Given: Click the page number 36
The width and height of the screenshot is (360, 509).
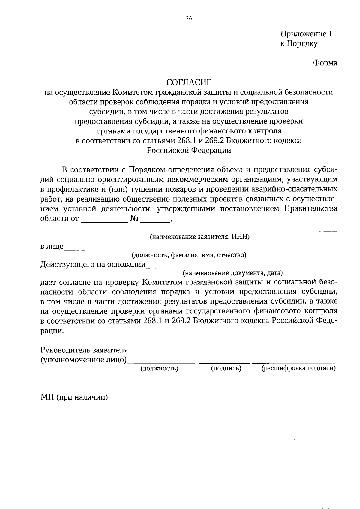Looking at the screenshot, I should click(x=189, y=19).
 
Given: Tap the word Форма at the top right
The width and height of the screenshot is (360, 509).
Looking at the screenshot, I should click(x=325, y=63).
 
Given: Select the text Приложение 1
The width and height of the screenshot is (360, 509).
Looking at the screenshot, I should click(x=306, y=34).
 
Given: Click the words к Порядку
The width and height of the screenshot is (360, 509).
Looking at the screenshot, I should click(x=299, y=44).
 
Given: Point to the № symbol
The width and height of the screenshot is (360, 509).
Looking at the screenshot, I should click(x=134, y=219).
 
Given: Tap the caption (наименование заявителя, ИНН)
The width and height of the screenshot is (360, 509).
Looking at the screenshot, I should click(x=200, y=237).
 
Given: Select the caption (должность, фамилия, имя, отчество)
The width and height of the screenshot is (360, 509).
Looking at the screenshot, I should click(x=189, y=255).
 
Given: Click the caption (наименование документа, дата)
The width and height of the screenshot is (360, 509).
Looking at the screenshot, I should click(x=233, y=273).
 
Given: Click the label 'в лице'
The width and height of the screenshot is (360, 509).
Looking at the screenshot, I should click(x=52, y=247).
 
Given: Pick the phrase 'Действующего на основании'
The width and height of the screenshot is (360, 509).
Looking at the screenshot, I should click(x=93, y=265).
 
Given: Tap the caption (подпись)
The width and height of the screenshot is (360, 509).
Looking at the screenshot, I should click(x=226, y=368).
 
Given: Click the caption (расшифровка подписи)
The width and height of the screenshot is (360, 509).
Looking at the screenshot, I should click(x=298, y=368).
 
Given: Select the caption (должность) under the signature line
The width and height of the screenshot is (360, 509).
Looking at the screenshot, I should click(x=160, y=368).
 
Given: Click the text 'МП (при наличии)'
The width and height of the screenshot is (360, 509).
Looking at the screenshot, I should click(x=74, y=397).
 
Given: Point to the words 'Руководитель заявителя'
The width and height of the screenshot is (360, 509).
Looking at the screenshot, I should click(x=84, y=350).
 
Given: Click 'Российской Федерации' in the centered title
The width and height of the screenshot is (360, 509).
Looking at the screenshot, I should click(x=189, y=150).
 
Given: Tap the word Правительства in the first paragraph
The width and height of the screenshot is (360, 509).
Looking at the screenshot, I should click(x=310, y=209).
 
